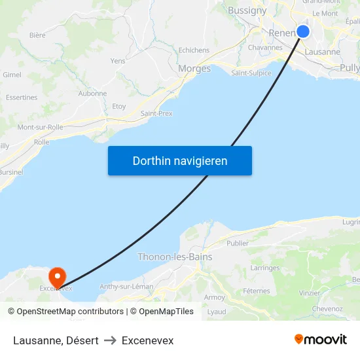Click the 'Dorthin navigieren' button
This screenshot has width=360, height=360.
pos(180,160)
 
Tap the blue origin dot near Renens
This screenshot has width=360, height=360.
pos(303,31)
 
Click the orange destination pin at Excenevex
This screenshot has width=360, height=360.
pos(58,278)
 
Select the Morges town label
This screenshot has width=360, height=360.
pos(194,69)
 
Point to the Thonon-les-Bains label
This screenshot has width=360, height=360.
pos(175,257)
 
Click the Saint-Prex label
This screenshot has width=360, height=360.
pos(156,113)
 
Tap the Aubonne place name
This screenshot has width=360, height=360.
pos(92,94)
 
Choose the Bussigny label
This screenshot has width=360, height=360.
pos(247,10)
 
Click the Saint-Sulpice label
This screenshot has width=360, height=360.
pos(251,73)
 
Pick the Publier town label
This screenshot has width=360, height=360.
pos(238,243)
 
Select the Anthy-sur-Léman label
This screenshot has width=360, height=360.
pos(126,287)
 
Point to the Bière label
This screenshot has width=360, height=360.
pos(37,35)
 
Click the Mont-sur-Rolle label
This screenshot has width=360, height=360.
pos(40,127)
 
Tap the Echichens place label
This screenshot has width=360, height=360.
pos(194,50)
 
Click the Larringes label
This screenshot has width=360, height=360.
pos(265,268)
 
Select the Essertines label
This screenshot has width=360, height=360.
pos(22,98)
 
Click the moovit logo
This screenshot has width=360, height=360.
pos(321,340)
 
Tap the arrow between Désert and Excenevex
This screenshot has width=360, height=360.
pos(110,340)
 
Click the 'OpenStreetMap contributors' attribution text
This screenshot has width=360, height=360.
pos(71,312)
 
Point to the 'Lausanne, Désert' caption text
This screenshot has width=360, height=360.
pos(56,340)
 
